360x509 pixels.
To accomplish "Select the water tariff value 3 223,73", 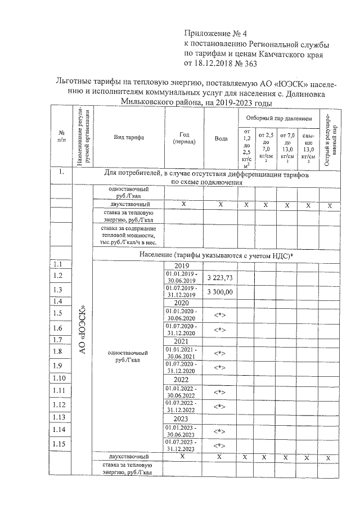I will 219,278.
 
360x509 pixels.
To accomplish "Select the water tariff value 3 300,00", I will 219,292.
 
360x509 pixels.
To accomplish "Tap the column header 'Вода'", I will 220,138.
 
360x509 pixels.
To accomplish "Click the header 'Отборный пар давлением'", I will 279,119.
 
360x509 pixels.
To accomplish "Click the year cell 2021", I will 181,341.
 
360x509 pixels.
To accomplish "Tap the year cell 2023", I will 181,419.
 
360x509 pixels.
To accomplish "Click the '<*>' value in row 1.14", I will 219,431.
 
